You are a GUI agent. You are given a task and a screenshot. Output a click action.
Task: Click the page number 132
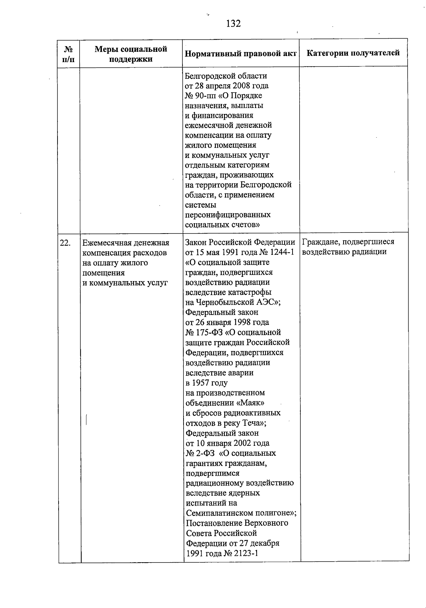pos(233,23)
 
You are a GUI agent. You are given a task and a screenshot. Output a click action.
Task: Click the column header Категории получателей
pos(353,53)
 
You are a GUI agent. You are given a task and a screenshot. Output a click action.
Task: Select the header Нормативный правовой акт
pos(241,54)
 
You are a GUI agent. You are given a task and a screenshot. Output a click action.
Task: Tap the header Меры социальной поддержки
pos(131,54)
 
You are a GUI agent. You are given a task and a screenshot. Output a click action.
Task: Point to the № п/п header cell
pos(69,54)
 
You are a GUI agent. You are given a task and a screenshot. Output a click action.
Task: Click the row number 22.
pos(65,243)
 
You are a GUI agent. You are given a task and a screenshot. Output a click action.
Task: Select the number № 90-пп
pos(199,95)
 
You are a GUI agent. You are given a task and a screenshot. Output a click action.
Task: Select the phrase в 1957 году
pos(206,383)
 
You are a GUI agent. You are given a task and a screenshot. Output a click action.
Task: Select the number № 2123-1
pos(241,553)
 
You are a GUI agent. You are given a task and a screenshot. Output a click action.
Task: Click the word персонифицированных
pos(228,215)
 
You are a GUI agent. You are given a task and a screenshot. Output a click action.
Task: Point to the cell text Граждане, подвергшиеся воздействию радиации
pos(348,247)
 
